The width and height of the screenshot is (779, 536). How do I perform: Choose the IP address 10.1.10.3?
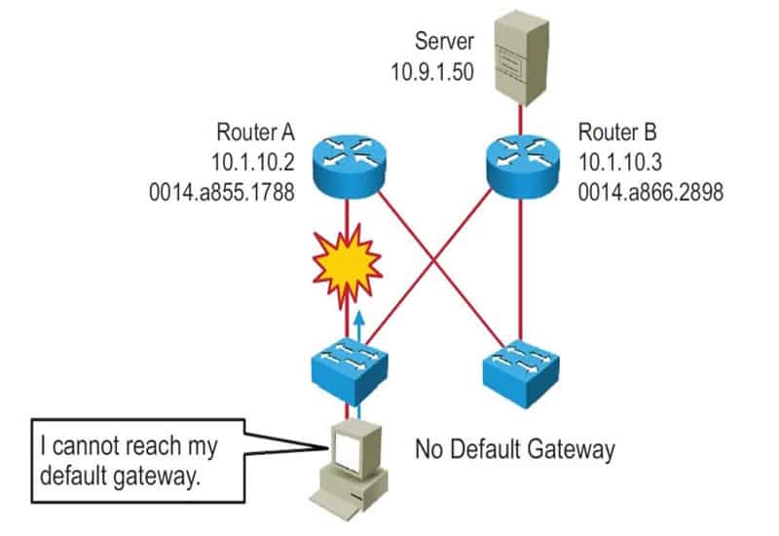point(619,162)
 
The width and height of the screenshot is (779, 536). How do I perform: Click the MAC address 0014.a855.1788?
point(219,191)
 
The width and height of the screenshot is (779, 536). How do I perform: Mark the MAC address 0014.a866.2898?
point(650,191)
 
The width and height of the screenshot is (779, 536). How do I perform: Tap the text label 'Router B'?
point(616,132)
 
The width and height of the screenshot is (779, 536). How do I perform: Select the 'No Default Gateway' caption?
point(515,449)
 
